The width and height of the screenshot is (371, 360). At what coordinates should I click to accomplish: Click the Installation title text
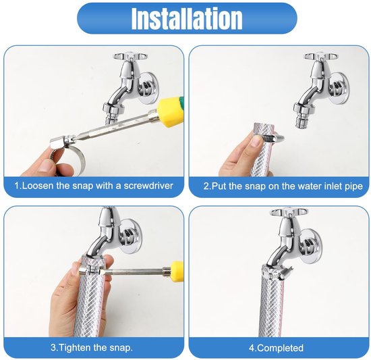pyautogui.click(x=187, y=18)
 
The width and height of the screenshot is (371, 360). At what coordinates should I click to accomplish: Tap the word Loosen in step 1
pyautogui.click(x=37, y=186)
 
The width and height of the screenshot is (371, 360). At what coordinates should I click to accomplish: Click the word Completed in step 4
pyautogui.click(x=280, y=348)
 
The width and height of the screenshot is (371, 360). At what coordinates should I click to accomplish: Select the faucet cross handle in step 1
pyautogui.click(x=130, y=57)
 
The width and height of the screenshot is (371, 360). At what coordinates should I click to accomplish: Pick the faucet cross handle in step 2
pyautogui.click(x=321, y=57)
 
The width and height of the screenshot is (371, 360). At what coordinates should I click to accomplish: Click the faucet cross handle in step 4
pyautogui.click(x=287, y=213)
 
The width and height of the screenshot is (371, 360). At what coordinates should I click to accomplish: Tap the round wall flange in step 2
pyautogui.click(x=339, y=88)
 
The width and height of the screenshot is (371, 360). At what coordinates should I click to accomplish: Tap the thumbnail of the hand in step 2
pyautogui.click(x=256, y=142)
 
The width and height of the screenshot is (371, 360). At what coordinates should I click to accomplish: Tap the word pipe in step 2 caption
pyautogui.click(x=353, y=186)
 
